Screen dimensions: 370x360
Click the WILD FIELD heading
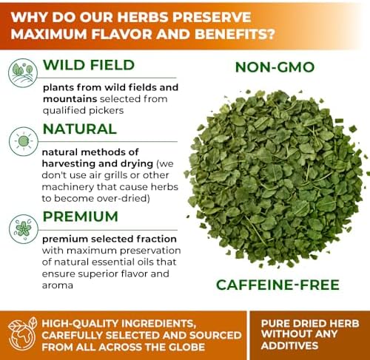tap(89, 65)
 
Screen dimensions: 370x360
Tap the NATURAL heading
tap(80, 129)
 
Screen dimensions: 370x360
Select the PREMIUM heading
tap(81, 217)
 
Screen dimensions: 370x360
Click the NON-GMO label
tap(275, 67)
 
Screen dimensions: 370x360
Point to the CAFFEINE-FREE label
tap(277, 285)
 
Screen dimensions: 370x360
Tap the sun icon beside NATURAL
tap(24, 141)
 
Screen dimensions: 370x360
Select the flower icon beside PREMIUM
tap(24, 229)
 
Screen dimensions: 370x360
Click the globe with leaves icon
tap(22, 334)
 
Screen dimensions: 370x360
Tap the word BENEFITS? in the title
tap(235, 34)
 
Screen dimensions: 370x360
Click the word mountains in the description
tap(70, 99)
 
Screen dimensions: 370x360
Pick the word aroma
tap(58, 285)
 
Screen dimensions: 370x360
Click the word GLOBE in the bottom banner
tap(186, 347)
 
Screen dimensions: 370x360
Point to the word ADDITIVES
tap(289, 346)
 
